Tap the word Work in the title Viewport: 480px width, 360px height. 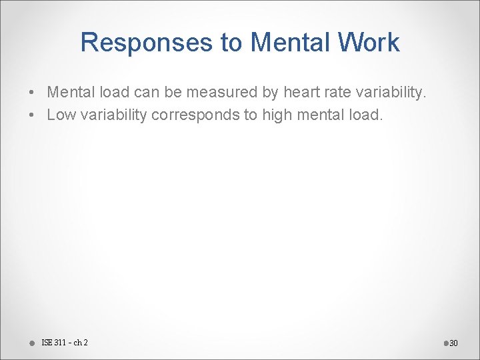(x=369, y=43)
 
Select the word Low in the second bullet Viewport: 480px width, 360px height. (x=61, y=115)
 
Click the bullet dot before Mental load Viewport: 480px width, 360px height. (x=32, y=93)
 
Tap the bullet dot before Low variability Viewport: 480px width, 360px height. (x=32, y=115)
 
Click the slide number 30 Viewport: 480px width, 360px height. (x=454, y=343)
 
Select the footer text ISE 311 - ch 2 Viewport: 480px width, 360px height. (x=64, y=343)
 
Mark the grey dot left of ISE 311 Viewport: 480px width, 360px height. (x=32, y=343)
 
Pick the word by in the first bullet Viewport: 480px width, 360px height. (x=261, y=92)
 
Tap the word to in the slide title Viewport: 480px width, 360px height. (x=231, y=43)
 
